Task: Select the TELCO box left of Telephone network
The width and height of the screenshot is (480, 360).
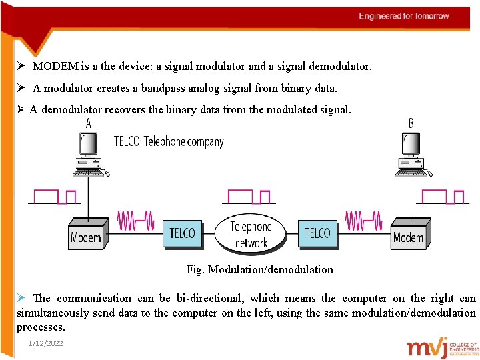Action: coord(182,233)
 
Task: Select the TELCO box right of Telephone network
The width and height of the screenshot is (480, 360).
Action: coord(317,233)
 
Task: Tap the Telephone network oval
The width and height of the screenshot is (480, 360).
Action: coord(251,234)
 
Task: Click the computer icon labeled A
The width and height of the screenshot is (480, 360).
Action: coord(89,155)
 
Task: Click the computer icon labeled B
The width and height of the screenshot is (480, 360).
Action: coord(410,155)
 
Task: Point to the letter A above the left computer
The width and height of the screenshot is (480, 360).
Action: coord(89,123)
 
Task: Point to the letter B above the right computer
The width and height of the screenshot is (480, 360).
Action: coord(411,123)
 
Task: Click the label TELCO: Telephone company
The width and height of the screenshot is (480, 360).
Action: coord(169,141)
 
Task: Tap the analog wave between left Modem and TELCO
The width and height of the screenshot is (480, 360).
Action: coord(135,219)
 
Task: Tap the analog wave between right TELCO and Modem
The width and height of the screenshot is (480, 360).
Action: coord(363,219)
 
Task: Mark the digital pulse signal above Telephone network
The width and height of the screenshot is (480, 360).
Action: coord(249,197)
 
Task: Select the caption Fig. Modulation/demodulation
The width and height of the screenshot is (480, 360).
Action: coord(259,269)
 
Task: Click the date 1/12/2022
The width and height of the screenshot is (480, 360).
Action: coord(46,343)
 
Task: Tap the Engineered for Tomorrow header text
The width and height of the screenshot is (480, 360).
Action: coord(403,16)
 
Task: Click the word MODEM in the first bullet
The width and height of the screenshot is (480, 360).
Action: coord(55,67)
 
